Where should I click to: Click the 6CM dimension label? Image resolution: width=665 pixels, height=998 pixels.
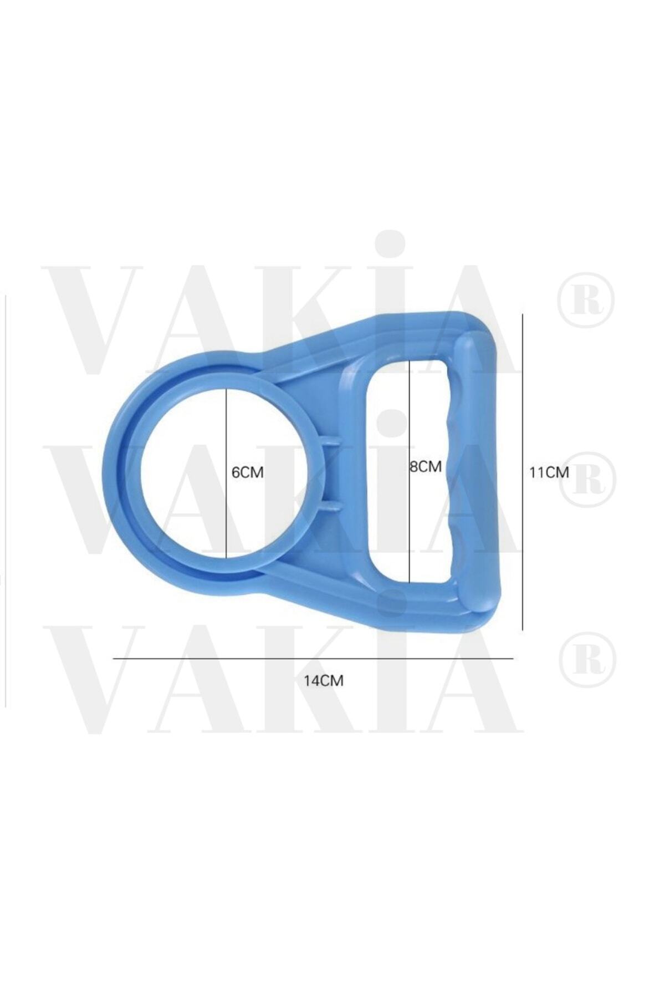coord(247,473)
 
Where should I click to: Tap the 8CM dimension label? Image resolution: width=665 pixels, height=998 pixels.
coord(425,467)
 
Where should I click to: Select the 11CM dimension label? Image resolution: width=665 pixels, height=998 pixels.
coord(549,472)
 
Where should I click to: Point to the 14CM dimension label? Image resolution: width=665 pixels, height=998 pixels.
coord(323,681)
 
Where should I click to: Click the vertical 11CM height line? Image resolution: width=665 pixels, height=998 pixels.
coord(522,472)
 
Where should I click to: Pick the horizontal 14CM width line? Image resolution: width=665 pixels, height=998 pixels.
coord(313,659)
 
